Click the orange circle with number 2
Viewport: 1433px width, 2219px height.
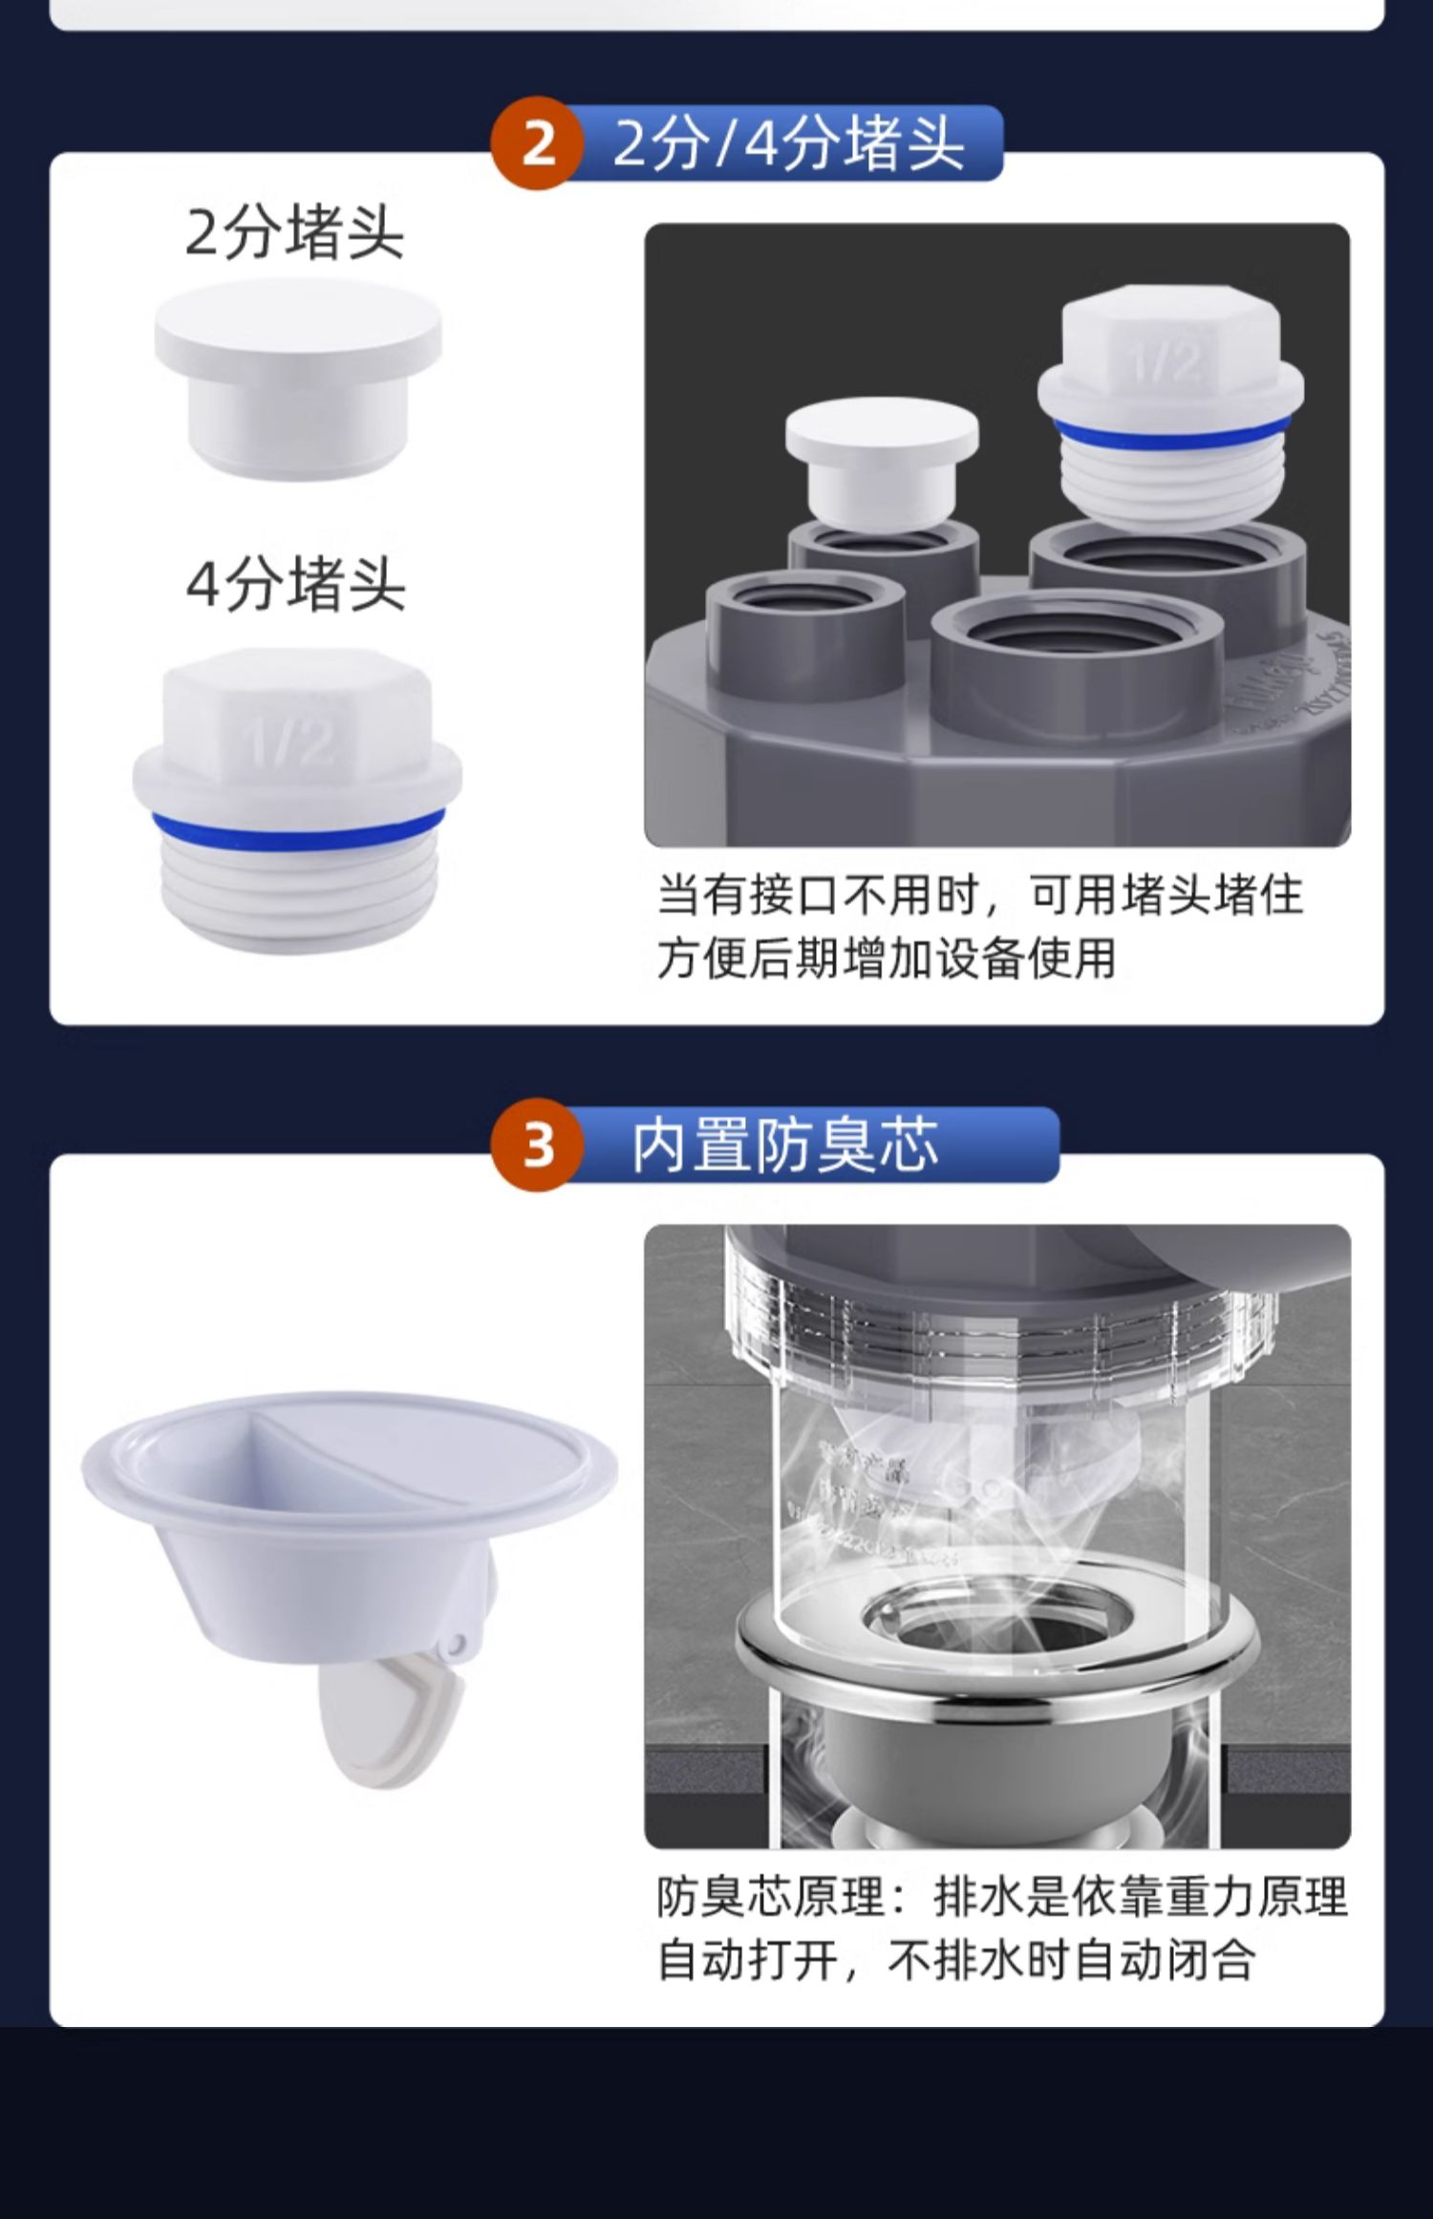[x=538, y=143]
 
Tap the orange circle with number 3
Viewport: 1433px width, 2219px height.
[x=538, y=1144]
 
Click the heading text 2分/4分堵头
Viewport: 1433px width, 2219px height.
[x=788, y=143]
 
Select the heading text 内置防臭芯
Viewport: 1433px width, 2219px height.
[x=785, y=1145]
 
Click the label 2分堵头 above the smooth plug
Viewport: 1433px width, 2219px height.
[x=295, y=232]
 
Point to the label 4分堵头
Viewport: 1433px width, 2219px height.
[x=296, y=584]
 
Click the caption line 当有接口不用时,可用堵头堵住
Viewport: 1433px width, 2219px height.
[x=979, y=895]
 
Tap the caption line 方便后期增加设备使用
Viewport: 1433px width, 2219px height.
[x=886, y=959]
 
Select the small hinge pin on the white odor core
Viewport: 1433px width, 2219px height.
[x=457, y=1645]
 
